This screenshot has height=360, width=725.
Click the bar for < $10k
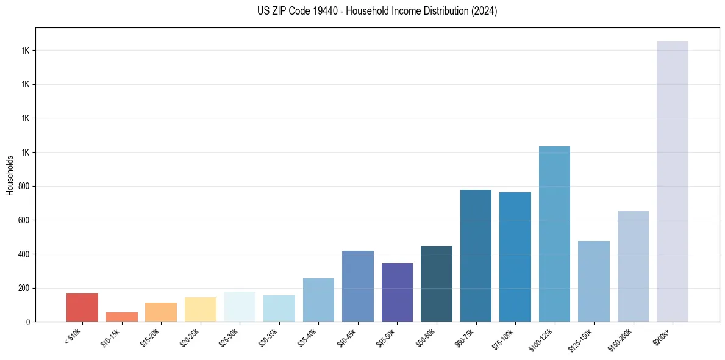point(82,308)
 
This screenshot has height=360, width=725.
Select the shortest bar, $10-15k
point(121,317)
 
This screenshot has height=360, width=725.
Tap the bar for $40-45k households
point(357,286)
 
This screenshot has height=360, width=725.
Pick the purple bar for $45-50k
point(397,292)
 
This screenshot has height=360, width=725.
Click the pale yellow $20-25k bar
point(200,309)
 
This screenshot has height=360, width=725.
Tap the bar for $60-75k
point(476,256)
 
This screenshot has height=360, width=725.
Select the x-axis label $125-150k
point(583,338)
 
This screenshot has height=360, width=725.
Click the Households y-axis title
point(10,175)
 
